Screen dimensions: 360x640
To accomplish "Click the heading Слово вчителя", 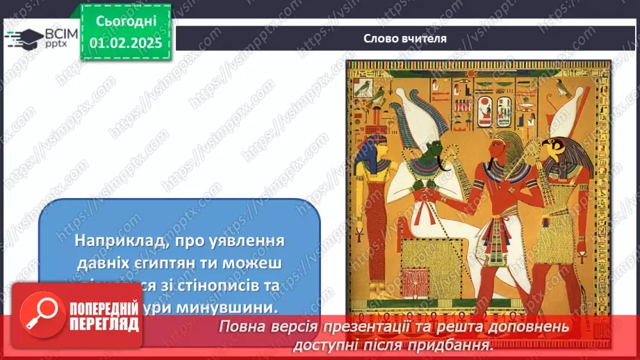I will click(x=404, y=38).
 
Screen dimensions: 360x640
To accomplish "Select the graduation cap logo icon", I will click(x=24, y=38).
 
